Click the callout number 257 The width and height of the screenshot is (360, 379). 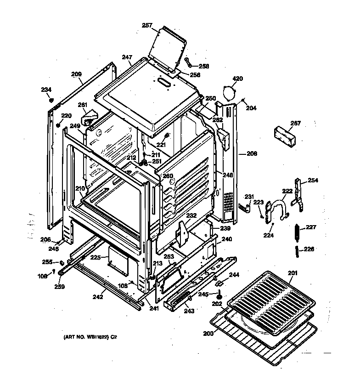click(147, 25)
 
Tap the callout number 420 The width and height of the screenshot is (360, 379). click(237, 79)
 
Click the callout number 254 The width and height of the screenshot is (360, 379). click(313, 180)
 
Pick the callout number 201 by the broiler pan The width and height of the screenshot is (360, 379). click(292, 273)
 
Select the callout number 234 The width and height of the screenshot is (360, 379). click(46, 90)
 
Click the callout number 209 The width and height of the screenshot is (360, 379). click(76, 74)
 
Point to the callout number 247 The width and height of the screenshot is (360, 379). click(127, 57)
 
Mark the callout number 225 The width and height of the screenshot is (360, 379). click(95, 258)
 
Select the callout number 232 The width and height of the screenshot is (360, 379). click(191, 215)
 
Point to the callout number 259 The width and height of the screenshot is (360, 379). click(59, 287)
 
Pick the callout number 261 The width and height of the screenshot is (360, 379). click(82, 105)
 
